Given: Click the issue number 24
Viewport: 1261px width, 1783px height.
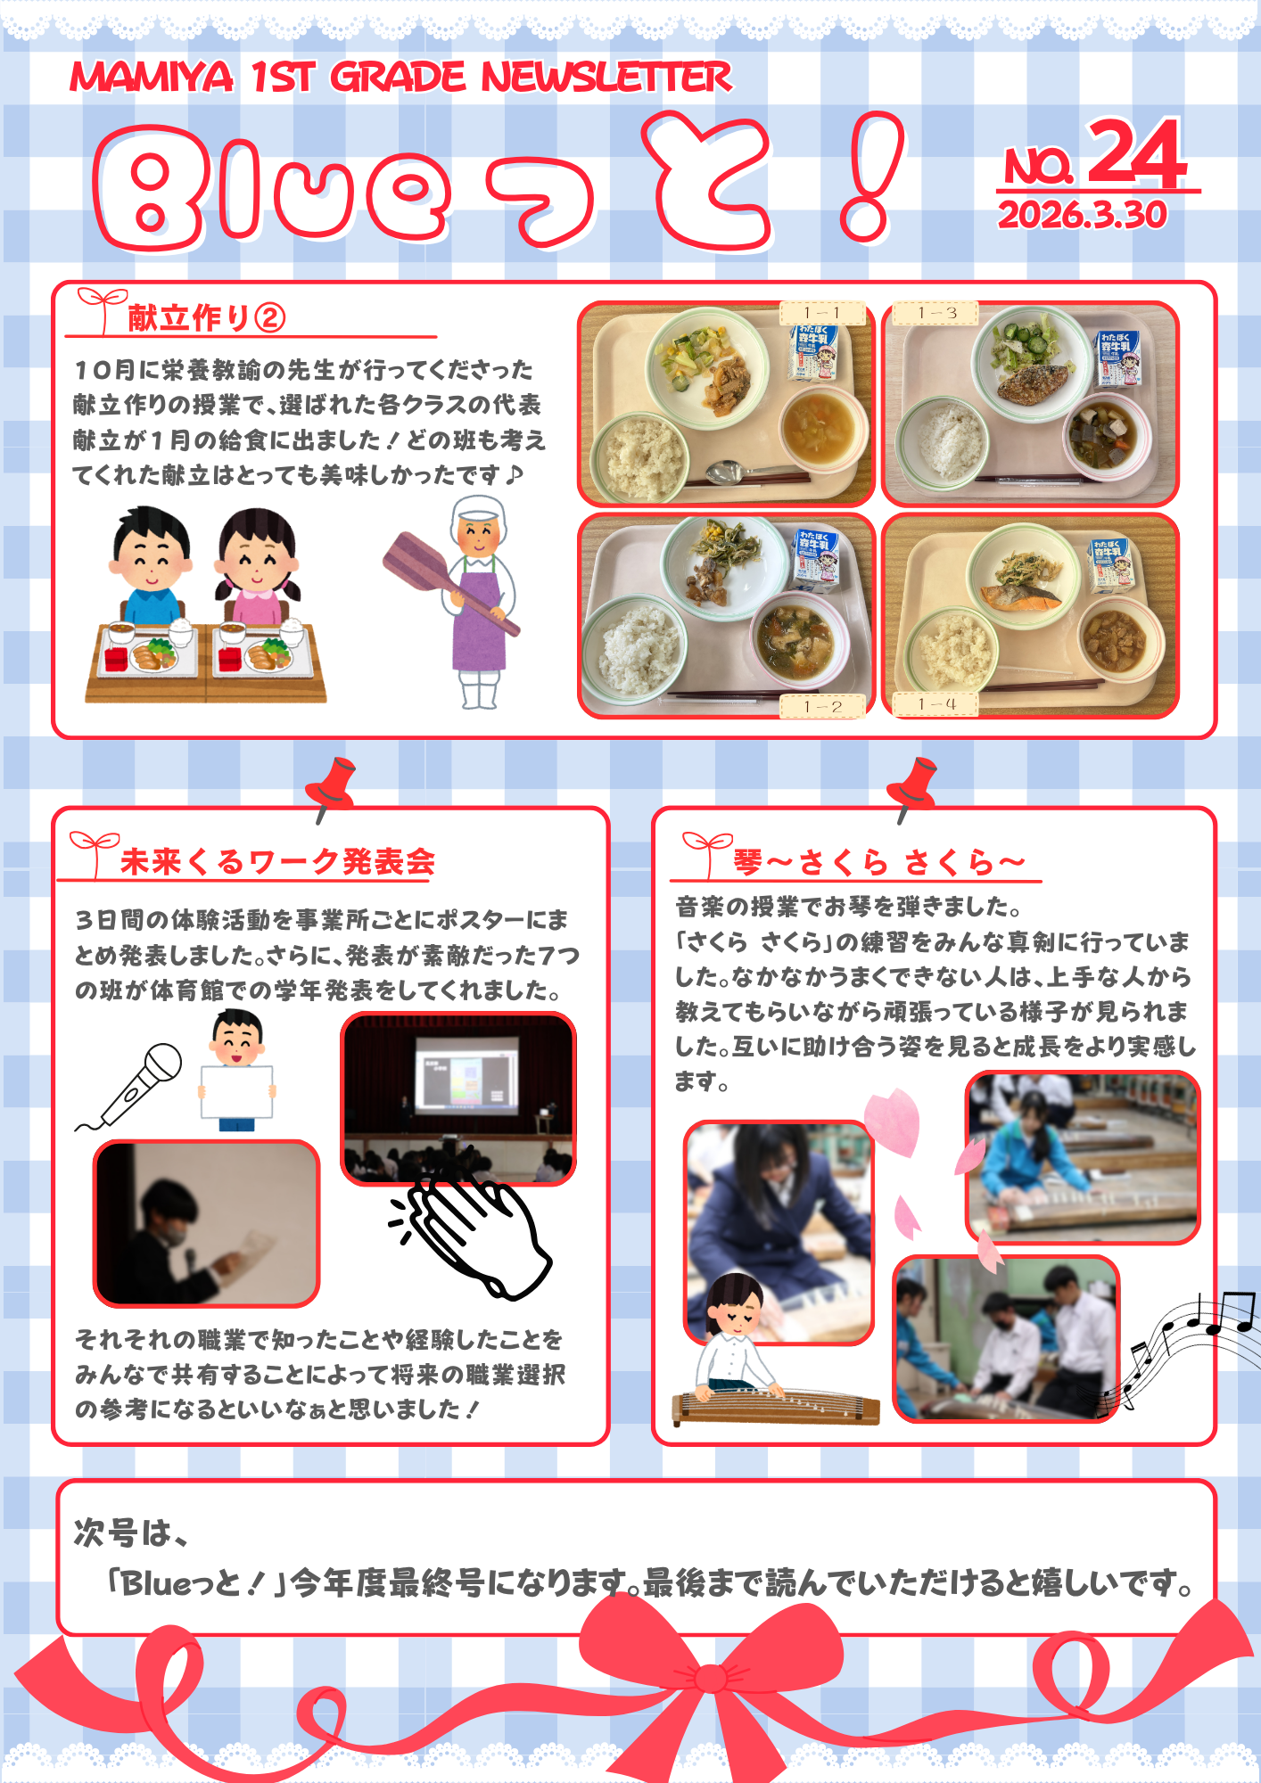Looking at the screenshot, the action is point(1137,153).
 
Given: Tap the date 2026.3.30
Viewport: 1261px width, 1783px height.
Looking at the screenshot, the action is point(1082,215).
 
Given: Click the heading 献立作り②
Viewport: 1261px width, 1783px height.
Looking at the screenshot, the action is point(206,318).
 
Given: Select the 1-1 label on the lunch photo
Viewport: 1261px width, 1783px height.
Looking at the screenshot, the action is point(822,313).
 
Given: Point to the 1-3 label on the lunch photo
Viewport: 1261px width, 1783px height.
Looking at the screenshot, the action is point(936,313).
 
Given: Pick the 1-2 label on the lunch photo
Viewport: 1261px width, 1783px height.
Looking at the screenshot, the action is point(822,706).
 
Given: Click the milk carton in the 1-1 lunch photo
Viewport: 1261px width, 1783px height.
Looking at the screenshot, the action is point(814,351).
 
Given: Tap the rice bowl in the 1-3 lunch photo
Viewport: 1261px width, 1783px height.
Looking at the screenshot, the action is point(943,441).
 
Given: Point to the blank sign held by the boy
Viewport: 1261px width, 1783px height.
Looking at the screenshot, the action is point(237,1091).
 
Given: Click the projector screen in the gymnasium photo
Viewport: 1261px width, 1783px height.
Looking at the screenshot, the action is point(466,1074).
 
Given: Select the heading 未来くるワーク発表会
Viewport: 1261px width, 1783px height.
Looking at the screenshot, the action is point(278,861).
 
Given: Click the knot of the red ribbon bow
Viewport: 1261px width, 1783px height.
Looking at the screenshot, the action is point(711,1679).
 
